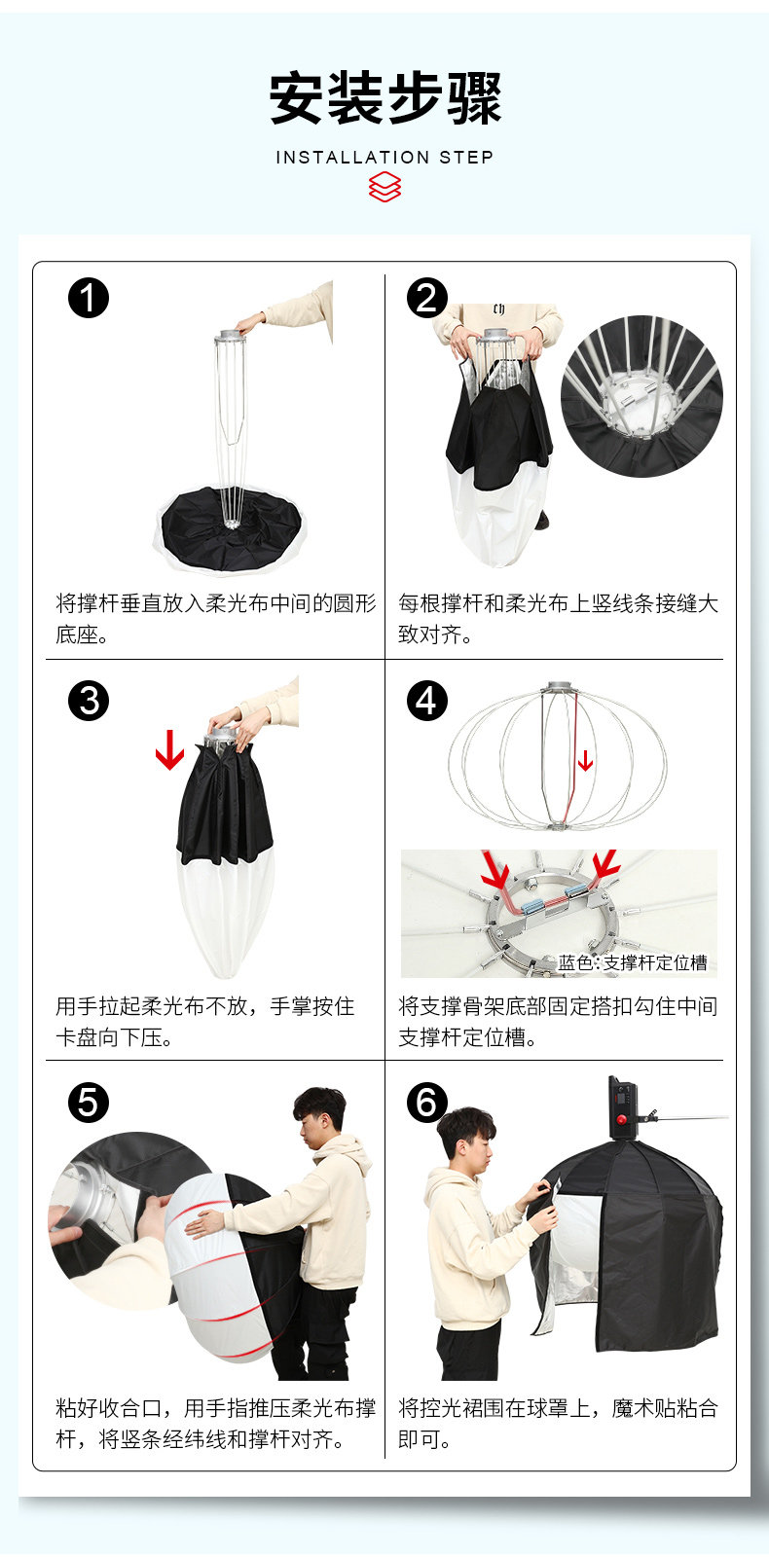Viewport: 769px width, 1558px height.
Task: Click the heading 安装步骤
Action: [x=384, y=98]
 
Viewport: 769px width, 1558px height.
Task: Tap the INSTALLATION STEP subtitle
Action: [x=384, y=158]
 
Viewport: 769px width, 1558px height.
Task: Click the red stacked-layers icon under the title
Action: [x=384, y=187]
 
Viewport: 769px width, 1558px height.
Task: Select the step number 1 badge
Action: [x=89, y=298]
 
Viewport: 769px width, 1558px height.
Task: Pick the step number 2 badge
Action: [x=426, y=298]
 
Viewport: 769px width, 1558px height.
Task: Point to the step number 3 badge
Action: [x=89, y=701]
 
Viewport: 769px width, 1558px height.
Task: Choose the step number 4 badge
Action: [x=426, y=701]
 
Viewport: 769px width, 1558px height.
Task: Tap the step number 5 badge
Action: [x=89, y=1102]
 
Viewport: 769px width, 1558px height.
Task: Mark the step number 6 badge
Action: [x=426, y=1102]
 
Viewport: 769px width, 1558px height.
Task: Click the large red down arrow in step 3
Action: [x=169, y=749]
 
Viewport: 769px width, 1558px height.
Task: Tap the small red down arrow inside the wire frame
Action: [x=585, y=760]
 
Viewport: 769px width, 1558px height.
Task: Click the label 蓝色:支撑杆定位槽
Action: [x=632, y=962]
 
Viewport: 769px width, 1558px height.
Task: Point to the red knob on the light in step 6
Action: [x=621, y=1119]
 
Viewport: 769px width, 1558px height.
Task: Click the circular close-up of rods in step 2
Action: [x=641, y=396]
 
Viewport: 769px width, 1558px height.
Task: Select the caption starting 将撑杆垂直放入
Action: [x=216, y=618]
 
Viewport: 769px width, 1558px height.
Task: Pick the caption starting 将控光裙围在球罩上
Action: [x=558, y=1424]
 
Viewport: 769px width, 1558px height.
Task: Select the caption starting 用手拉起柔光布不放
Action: [x=205, y=1021]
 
